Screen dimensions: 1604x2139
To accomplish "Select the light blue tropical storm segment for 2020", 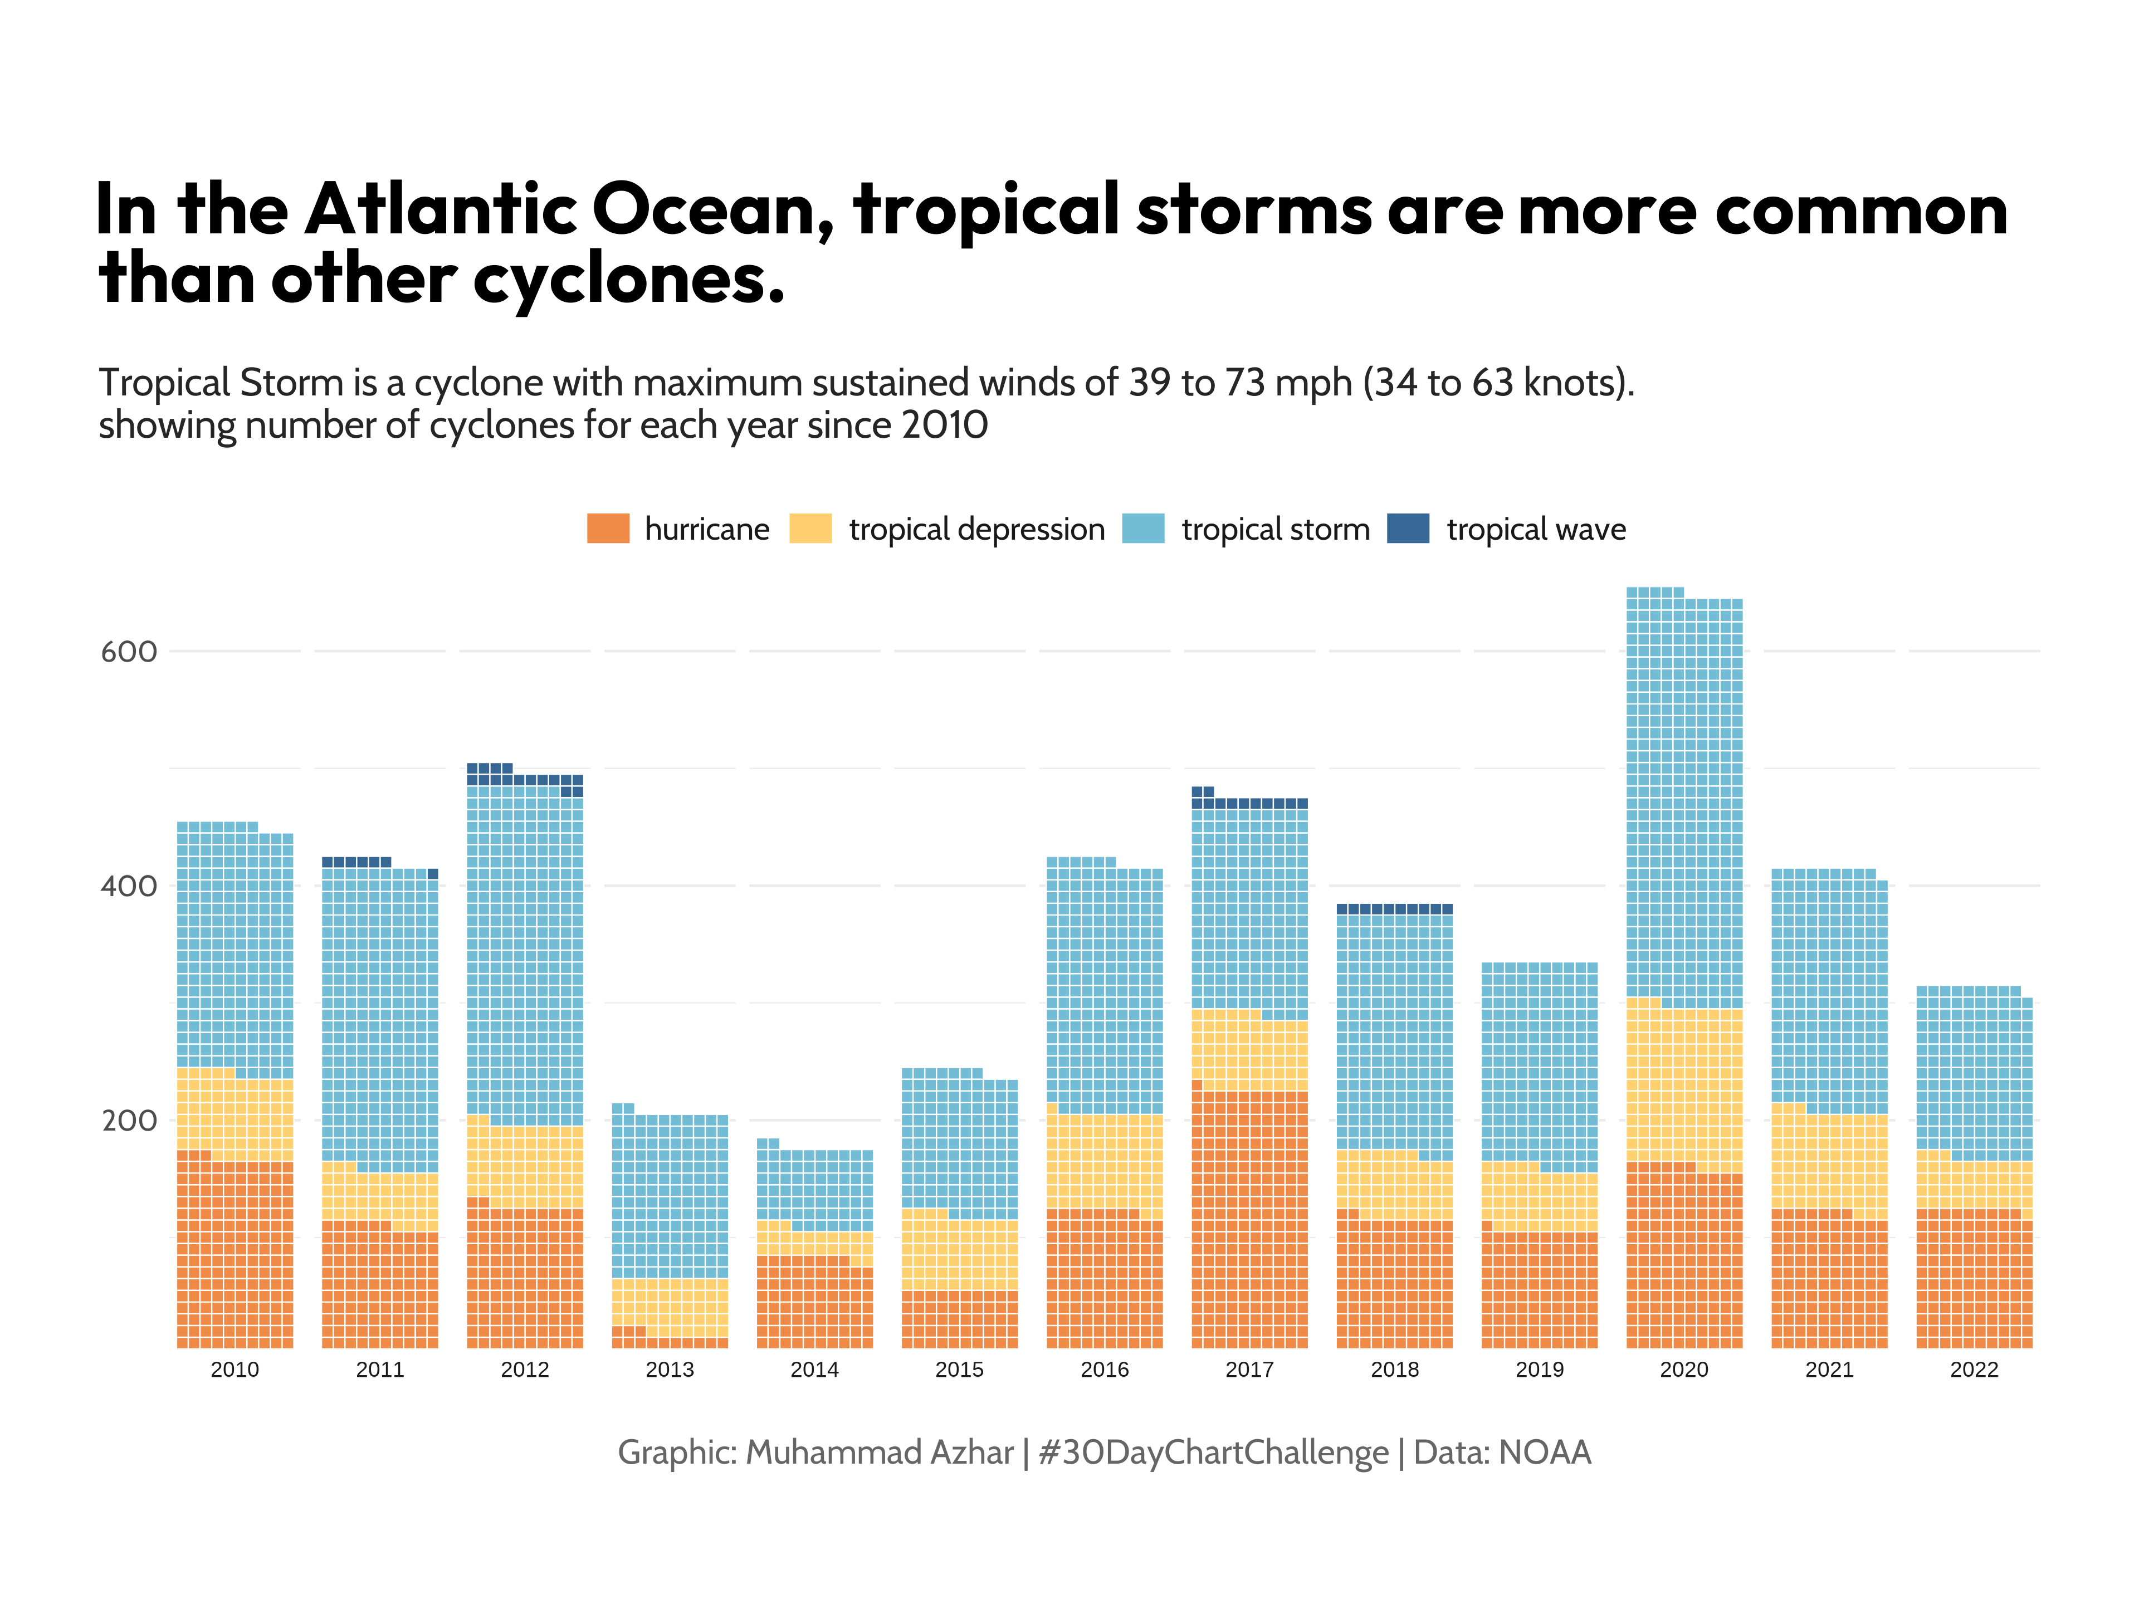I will pyautogui.click(x=1683, y=803).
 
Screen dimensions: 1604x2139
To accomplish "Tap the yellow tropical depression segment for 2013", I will pyautogui.click(x=669, y=1305).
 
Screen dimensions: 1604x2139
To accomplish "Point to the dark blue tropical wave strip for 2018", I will pyautogui.click(x=1394, y=909).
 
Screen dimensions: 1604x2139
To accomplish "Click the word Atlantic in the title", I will pyautogui.click(x=440, y=210).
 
